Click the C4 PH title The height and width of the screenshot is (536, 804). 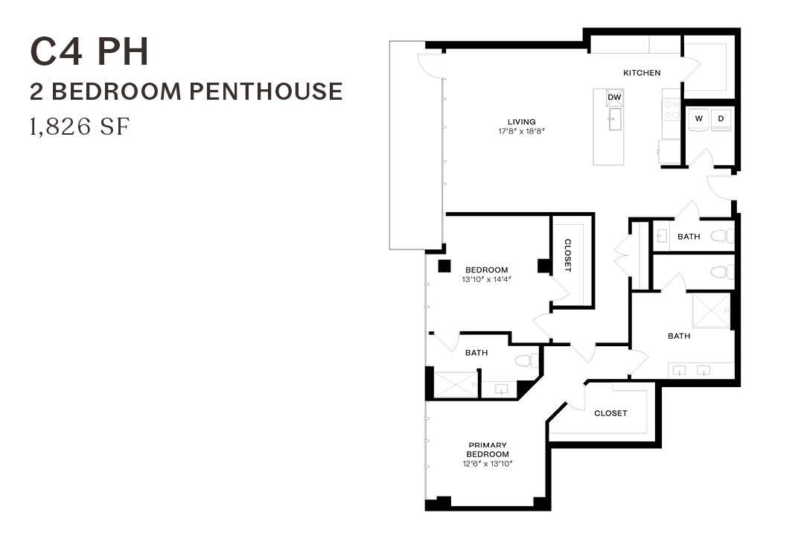point(89,51)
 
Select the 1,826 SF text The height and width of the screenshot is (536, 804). point(80,127)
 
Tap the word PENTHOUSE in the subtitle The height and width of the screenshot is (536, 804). point(266,92)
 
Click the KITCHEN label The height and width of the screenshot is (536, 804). point(642,73)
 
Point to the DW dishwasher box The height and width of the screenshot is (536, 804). point(614,98)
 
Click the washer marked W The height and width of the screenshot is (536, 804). point(699,118)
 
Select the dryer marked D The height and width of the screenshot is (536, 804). point(721,118)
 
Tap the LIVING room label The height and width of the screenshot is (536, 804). point(521,122)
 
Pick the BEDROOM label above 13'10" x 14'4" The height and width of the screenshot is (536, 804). point(486,269)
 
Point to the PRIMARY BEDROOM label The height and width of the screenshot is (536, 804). point(488,450)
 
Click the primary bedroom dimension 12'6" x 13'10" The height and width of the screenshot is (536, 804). point(488,464)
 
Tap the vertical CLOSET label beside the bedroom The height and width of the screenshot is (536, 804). point(568,255)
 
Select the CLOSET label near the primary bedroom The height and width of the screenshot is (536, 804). point(610,413)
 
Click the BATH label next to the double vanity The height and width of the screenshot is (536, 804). point(679,336)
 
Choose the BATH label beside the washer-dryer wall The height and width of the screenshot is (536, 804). point(689,237)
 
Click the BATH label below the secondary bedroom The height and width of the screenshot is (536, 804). point(476,353)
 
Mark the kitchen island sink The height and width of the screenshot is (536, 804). point(614,120)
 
